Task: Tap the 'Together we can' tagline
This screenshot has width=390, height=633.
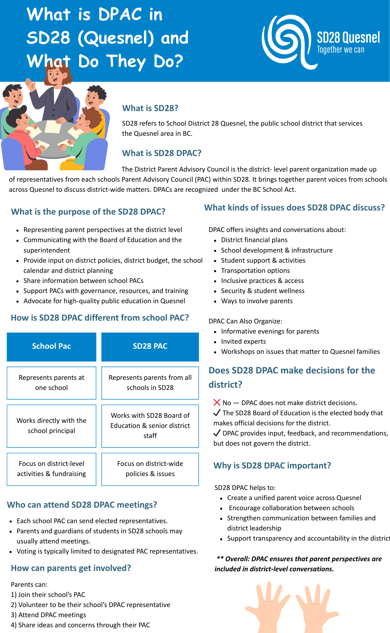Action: (341, 50)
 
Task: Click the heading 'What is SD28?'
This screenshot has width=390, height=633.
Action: (150, 108)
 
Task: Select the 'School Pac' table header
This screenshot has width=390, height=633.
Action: (51, 346)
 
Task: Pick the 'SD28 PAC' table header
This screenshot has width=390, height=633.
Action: (150, 346)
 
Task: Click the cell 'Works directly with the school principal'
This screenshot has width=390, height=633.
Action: (51, 426)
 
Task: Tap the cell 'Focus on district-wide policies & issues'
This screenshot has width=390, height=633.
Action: (150, 469)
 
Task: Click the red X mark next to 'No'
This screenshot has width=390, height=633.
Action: (217, 403)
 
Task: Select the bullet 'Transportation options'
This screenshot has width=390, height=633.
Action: (255, 271)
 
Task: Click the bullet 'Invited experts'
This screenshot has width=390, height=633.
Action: (243, 342)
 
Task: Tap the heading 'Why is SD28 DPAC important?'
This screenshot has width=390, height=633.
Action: (272, 466)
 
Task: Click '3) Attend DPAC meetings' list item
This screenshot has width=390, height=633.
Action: (48, 615)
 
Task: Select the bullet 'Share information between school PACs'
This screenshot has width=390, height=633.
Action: (83, 281)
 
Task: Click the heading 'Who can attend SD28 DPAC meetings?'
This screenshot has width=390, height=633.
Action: (82, 505)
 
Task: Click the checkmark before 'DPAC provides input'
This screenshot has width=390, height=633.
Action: (217, 433)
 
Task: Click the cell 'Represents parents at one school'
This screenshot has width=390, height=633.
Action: (51, 383)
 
